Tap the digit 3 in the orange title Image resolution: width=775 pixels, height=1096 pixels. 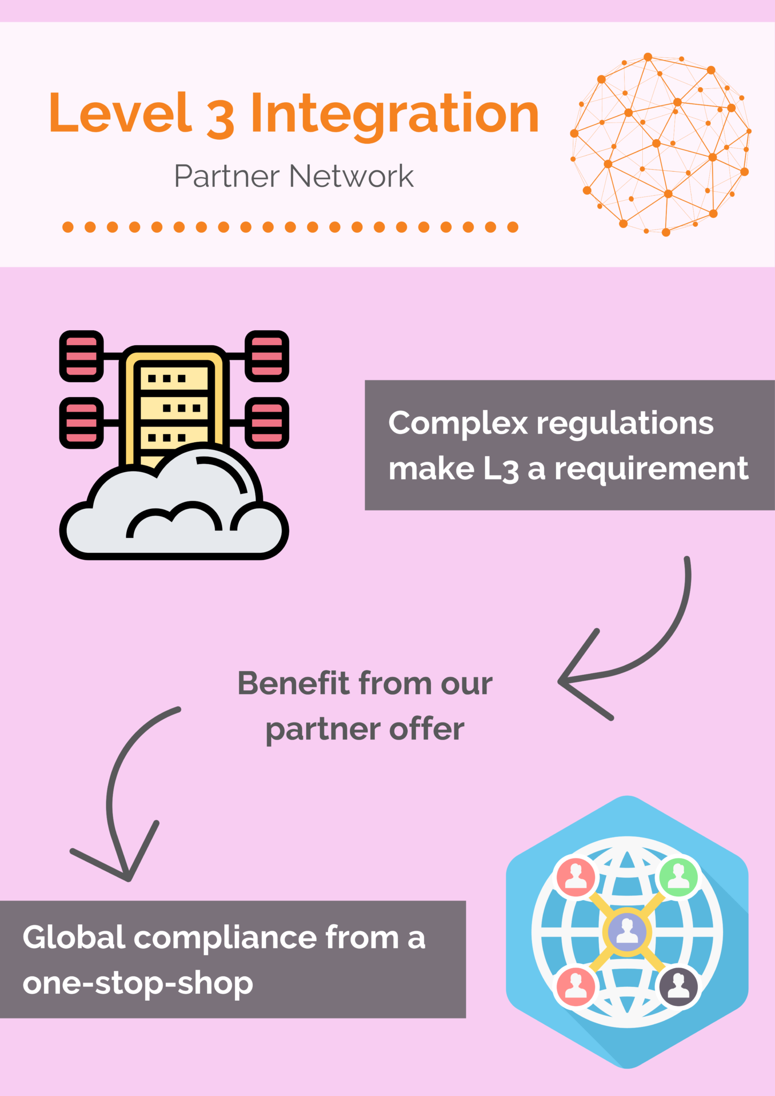click(221, 116)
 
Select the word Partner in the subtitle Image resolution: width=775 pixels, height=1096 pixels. click(227, 176)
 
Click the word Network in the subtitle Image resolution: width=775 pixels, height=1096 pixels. click(352, 176)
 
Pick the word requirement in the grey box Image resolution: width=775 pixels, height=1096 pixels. click(651, 469)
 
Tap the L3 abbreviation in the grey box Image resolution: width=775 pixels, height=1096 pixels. click(501, 469)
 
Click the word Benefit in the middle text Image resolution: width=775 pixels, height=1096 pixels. click(293, 683)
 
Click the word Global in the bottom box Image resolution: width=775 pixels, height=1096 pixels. click(74, 937)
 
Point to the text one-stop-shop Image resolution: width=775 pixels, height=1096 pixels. click(138, 983)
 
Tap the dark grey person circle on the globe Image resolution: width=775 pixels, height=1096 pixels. click(678, 985)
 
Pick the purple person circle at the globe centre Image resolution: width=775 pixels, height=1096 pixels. click(627, 932)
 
